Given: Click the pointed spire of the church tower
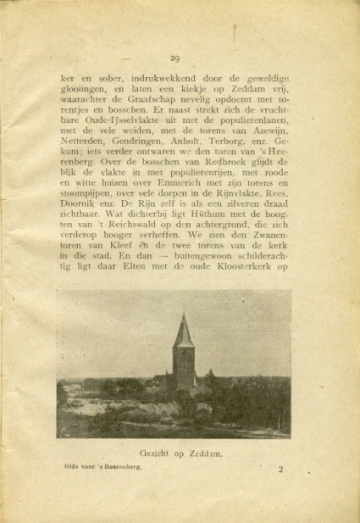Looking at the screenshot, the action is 183,318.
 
